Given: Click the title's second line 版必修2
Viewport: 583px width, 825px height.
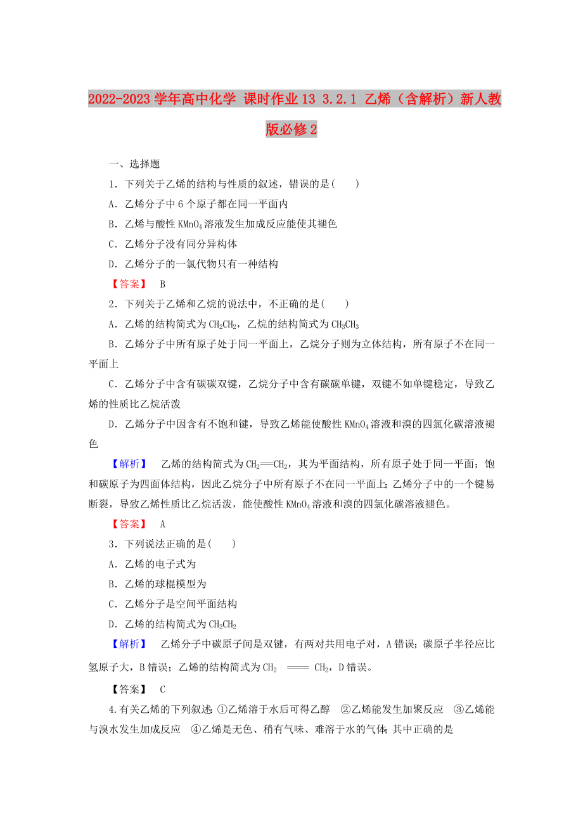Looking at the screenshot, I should [291, 129].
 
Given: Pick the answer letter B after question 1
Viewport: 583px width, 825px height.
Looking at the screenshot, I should [162, 285].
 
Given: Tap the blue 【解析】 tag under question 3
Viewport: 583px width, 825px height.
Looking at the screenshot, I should [129, 644].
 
